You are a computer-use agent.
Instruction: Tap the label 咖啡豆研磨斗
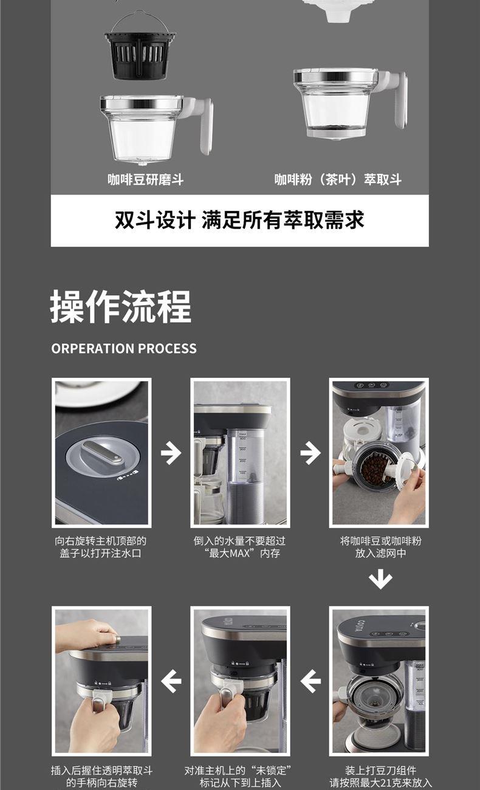click(146, 179)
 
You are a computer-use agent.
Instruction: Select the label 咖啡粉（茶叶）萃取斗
click(338, 179)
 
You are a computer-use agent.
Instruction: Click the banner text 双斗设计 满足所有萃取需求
click(239, 220)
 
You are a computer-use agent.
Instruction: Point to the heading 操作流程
click(121, 306)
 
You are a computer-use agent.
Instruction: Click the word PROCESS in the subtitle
click(167, 348)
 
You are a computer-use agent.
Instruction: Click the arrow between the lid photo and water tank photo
click(171, 453)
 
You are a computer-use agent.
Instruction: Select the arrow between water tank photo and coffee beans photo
click(310, 453)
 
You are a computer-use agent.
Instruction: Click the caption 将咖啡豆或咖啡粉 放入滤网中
click(380, 547)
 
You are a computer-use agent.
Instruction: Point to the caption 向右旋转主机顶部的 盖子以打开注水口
click(101, 547)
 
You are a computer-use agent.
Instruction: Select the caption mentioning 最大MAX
click(240, 547)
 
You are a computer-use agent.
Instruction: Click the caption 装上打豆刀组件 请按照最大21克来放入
click(380, 776)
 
